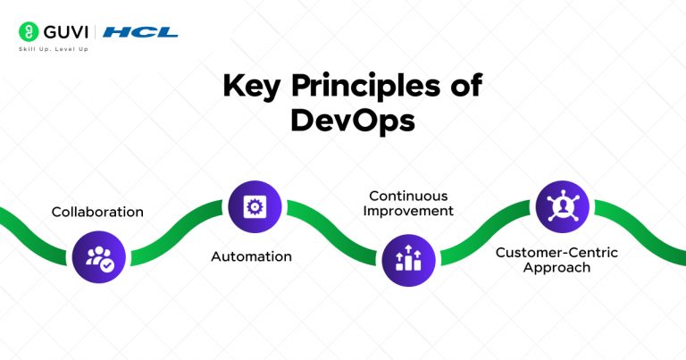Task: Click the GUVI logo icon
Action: click(27, 32)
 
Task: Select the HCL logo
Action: click(140, 32)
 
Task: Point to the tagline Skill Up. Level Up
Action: click(54, 49)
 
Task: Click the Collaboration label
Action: click(97, 212)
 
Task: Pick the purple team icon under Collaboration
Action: click(97, 257)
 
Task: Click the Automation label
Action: click(251, 256)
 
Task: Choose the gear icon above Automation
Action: click(255, 207)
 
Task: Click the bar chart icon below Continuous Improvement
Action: click(408, 257)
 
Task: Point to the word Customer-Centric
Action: click(556, 252)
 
